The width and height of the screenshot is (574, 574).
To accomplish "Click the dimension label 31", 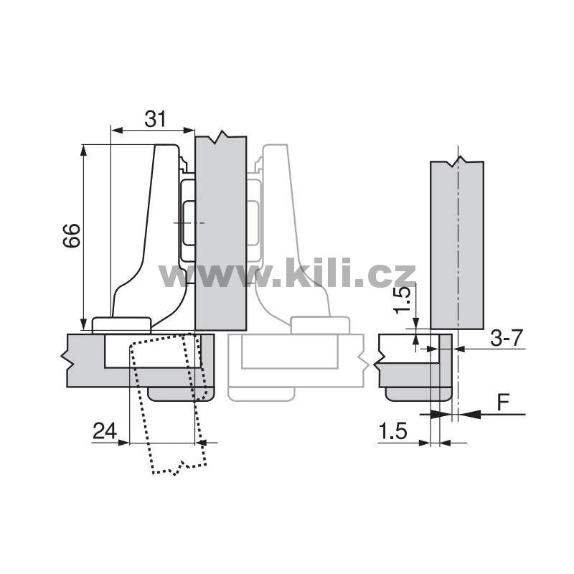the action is (155, 118).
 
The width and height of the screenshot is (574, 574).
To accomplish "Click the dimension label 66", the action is (71, 235).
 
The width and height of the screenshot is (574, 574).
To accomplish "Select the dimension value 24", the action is (105, 430).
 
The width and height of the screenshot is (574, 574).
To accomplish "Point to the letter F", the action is (504, 402).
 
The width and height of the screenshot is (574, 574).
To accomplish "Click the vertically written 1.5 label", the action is (402, 300).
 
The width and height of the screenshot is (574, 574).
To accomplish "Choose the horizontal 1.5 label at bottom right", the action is (392, 431).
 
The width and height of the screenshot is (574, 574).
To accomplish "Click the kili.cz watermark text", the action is (288, 273).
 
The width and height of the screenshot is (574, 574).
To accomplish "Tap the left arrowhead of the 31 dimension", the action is (116, 130).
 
